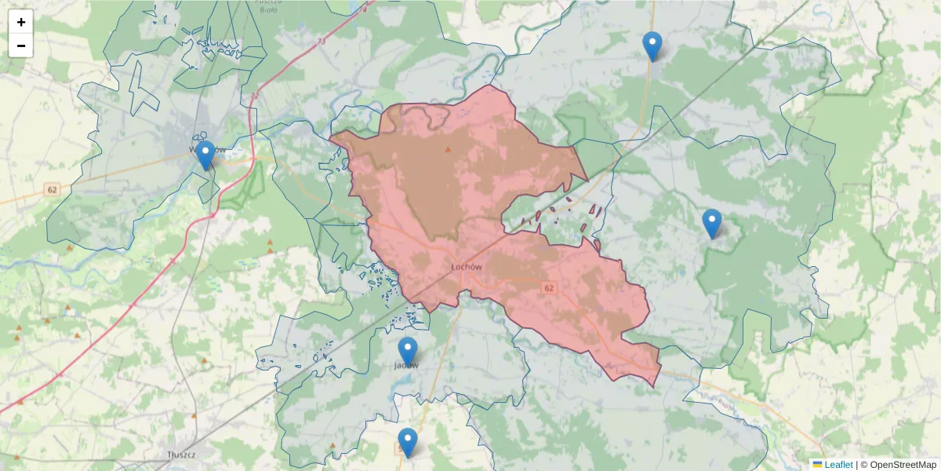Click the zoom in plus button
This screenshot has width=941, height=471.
point(21,22)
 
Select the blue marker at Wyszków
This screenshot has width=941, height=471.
point(205,155)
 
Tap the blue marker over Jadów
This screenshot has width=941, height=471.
point(407,352)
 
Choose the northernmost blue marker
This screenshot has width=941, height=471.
point(652,46)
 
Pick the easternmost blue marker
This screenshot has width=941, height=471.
point(711,224)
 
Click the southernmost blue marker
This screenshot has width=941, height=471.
point(407,443)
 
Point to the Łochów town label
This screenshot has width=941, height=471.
point(466,267)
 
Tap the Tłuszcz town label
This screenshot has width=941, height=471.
point(180,455)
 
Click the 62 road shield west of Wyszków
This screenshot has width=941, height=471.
point(53,189)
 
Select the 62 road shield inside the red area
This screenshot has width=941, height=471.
point(549,289)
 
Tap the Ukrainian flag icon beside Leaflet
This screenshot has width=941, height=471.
point(817,465)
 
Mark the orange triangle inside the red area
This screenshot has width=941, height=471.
point(449,149)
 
